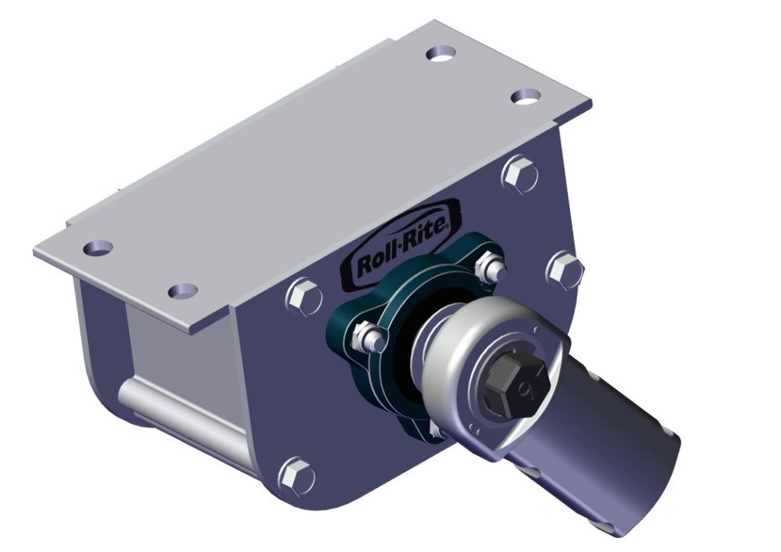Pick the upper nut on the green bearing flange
489,268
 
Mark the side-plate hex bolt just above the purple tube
564,269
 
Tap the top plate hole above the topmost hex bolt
527,96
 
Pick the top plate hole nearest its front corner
183,290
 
